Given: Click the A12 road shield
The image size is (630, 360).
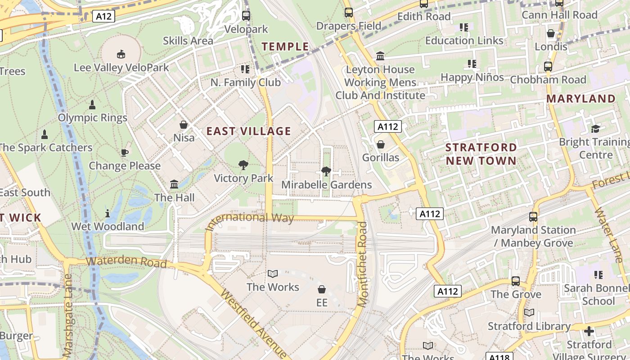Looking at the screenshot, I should (104, 17).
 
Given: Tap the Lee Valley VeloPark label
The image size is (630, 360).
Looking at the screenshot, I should (121, 67).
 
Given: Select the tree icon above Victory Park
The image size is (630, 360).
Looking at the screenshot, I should (243, 165).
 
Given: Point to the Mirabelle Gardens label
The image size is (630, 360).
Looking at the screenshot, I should (326, 184).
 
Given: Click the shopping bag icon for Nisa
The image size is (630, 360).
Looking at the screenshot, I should (184, 125).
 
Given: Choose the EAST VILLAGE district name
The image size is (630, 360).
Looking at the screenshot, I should (248, 131).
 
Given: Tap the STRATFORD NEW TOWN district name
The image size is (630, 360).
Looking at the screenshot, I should (481, 154).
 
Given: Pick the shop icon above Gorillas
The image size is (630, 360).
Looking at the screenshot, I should (381, 144).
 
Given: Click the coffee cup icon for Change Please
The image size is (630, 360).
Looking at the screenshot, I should (125, 153).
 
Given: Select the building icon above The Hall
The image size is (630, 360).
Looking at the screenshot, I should (174, 184).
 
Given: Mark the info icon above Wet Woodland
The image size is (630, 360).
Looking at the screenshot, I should (108, 213).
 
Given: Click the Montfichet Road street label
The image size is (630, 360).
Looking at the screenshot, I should (363, 270).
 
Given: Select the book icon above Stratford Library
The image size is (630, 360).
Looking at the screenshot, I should (529, 313).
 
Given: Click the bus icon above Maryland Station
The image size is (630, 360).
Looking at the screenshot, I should (533, 217).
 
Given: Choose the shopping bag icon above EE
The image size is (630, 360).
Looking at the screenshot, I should (322, 289).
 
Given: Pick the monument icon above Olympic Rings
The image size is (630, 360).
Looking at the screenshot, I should (92, 105).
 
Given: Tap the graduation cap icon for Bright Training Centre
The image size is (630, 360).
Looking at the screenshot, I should (596, 129).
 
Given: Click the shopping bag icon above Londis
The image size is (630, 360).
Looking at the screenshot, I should (551, 34).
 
